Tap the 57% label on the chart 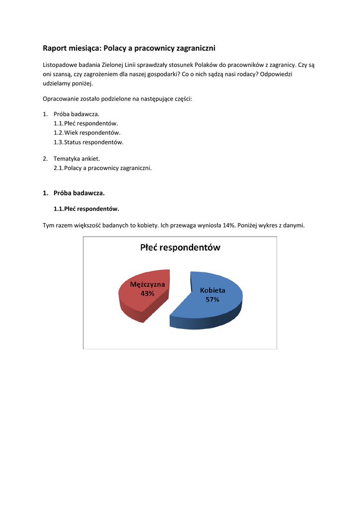coord(213,300)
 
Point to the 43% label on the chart coord(147,293)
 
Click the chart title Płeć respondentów coord(180,247)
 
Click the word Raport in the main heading coord(56,48)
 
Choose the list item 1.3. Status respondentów coord(88,142)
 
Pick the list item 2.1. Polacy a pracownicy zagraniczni coord(102,168)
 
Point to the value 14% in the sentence coord(229,225)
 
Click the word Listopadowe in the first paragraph coord(60,64)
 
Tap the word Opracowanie coord(61,99)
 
